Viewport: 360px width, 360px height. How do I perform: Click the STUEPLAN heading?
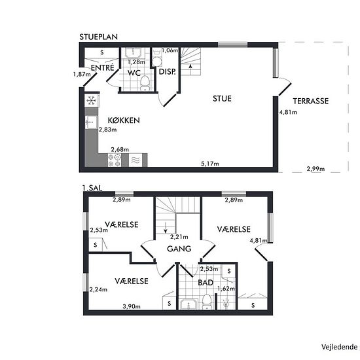coord(98,37)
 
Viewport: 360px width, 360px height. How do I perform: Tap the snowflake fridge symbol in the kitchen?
coord(91,101)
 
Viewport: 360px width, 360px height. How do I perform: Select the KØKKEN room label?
coord(124,120)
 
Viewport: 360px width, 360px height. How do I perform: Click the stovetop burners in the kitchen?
coord(115,160)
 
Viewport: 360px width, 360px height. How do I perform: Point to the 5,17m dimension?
coord(210,164)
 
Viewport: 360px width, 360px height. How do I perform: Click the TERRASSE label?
coord(311,101)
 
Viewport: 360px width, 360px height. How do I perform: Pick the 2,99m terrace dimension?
coord(315,169)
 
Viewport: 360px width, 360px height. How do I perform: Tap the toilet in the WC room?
coord(145,84)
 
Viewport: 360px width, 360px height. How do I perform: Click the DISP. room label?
coord(168,71)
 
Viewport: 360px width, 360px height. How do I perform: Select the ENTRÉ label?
coord(102,67)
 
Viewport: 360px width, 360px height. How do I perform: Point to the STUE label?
coord(222,99)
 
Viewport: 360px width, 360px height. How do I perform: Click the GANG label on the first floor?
coord(179,249)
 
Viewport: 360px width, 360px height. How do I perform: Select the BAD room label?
coord(206,283)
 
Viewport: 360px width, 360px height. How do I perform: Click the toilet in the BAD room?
coord(206,302)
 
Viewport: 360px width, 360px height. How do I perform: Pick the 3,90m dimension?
coord(132,306)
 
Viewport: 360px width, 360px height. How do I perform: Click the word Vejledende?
coord(339,347)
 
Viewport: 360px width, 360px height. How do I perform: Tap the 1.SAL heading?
coord(92,188)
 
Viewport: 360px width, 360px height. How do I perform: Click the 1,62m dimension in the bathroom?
coord(226,289)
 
